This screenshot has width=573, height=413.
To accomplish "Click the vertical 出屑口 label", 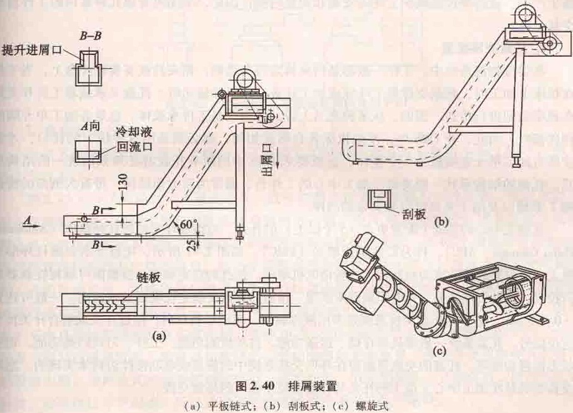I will tap(266, 167).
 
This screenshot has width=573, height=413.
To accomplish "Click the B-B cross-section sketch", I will tap(86, 70).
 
